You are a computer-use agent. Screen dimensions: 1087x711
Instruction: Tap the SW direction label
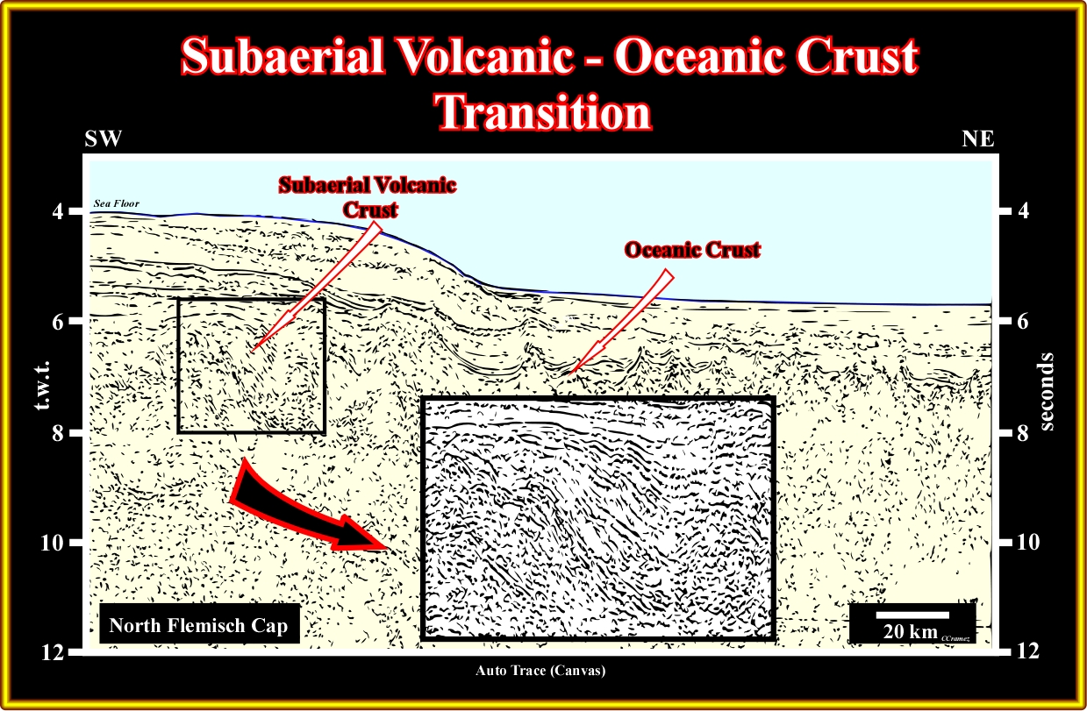pyautogui.click(x=103, y=139)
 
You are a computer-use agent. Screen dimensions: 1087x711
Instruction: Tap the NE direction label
pyautogui.click(x=978, y=139)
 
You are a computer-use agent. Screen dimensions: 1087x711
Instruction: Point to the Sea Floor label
pyautogui.click(x=117, y=203)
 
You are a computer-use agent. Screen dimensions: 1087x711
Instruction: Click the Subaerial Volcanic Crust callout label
pyautogui.click(x=368, y=197)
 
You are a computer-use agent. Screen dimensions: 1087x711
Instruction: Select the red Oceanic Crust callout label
pyautogui.click(x=692, y=250)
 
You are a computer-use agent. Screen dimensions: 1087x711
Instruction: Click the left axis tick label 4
pyautogui.click(x=58, y=211)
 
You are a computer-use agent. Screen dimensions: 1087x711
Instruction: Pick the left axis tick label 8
pyautogui.click(x=58, y=432)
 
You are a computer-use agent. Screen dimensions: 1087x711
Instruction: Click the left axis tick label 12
pyautogui.click(x=53, y=652)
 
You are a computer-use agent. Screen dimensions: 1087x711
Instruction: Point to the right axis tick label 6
pyautogui.click(x=1022, y=322)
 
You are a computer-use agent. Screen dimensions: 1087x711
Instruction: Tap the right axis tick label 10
pyautogui.click(x=1027, y=542)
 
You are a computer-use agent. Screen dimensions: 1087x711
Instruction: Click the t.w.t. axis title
pyautogui.click(x=43, y=385)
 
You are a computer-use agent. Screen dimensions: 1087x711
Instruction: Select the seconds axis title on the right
pyautogui.click(x=1048, y=392)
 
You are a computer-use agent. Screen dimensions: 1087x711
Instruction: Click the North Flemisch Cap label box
pyautogui.click(x=199, y=624)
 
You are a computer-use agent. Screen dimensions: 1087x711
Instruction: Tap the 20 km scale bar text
pyautogui.click(x=911, y=631)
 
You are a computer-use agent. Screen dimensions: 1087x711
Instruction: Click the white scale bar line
pyautogui.click(x=912, y=615)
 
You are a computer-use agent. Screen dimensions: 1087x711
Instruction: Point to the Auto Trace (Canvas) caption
pyautogui.click(x=540, y=671)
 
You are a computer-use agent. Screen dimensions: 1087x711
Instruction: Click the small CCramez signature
pyautogui.click(x=955, y=638)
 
